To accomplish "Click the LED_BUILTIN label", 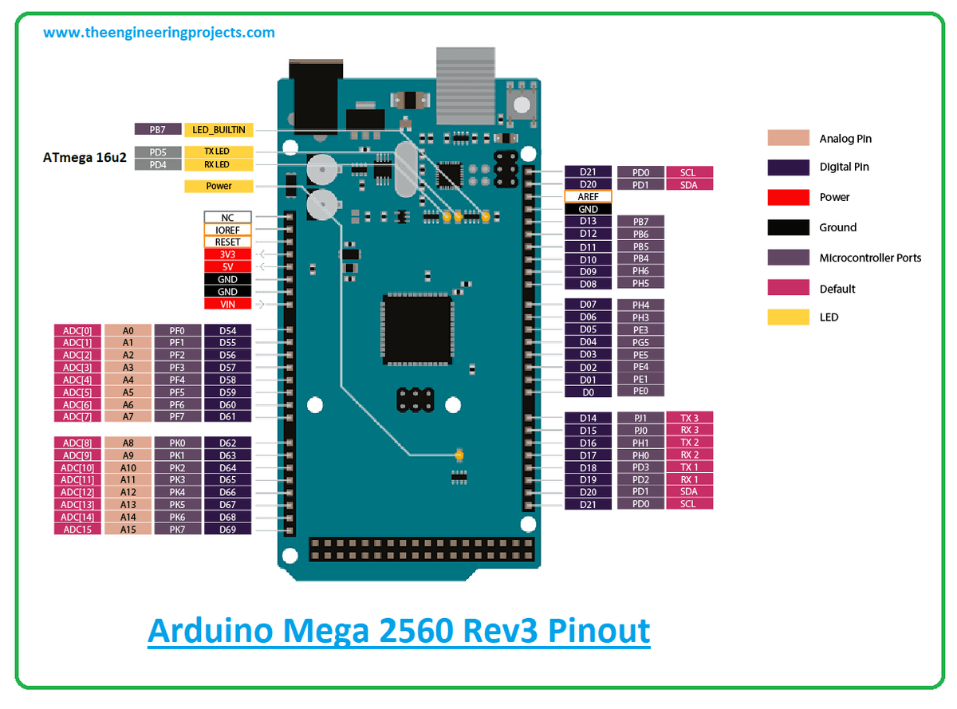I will coord(219,129).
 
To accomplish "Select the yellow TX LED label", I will coord(219,152).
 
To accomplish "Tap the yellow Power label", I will coord(219,186).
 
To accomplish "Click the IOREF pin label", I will coord(227,230).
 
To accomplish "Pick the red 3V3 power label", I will coord(227,254).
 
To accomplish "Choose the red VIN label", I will coord(227,304).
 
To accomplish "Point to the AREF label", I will coord(588,196).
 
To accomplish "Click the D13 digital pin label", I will coord(588,221).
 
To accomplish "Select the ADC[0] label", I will coord(77,330).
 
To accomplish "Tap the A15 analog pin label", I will coord(128,529).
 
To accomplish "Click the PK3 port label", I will coord(177,479).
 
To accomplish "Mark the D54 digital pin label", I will coord(227,330).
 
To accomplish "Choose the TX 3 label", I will coord(689,418).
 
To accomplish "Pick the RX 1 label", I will coord(689,479).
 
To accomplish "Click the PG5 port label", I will coord(640,342).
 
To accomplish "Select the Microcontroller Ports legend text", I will coord(870,258).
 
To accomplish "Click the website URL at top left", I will coord(159,33).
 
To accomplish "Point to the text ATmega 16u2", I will coord(85,158).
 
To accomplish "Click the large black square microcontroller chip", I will coord(417,329).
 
